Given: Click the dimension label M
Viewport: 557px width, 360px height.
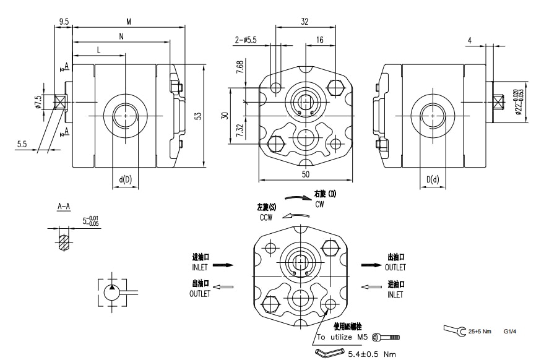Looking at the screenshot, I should click(x=129, y=22).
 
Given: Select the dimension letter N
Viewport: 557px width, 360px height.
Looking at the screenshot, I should click(x=121, y=36).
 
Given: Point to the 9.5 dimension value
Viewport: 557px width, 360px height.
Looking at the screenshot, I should click(x=64, y=21).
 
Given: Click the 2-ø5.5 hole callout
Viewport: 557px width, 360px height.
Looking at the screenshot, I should click(x=246, y=40).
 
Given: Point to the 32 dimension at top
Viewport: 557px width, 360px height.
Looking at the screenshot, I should click(x=304, y=21).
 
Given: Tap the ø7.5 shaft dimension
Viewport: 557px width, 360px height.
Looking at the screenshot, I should click(x=38, y=102).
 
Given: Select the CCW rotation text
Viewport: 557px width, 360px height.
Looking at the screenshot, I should click(x=267, y=218).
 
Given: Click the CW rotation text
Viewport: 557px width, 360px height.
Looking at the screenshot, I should click(x=319, y=204).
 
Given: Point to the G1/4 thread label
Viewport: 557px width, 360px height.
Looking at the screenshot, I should click(x=509, y=332).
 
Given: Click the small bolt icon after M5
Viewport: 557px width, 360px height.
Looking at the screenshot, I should click(x=390, y=337).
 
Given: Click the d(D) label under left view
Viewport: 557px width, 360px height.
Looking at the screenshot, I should click(x=126, y=179).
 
